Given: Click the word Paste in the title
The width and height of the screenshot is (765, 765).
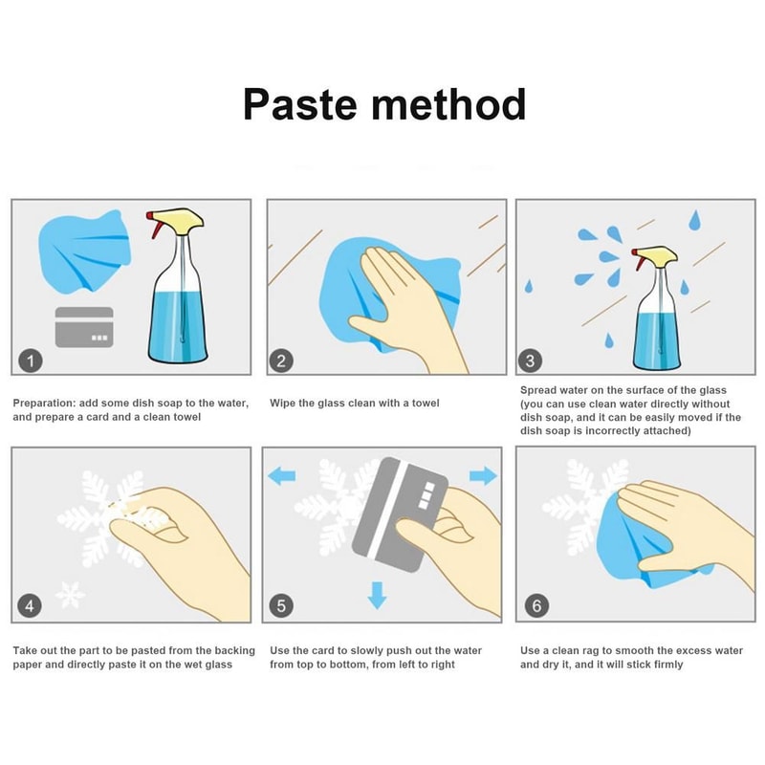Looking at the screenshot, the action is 300,104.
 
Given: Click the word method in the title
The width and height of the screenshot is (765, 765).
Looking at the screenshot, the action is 448,104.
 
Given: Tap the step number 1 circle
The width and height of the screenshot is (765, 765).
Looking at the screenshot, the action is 31,361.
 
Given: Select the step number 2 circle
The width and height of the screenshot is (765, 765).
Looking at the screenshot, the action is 281,361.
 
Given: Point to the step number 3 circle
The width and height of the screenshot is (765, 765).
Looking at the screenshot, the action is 531,361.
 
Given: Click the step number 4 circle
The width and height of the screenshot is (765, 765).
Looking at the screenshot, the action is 30,605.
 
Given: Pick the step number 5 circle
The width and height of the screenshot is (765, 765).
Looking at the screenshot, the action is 281,605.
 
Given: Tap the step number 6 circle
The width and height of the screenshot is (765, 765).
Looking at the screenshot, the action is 536,605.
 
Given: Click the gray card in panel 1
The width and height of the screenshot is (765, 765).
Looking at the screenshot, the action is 84,327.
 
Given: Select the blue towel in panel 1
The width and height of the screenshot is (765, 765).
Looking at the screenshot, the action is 84,251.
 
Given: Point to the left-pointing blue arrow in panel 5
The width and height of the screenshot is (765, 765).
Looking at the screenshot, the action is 282,475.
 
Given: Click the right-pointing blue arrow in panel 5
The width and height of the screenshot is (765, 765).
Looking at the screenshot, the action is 483,475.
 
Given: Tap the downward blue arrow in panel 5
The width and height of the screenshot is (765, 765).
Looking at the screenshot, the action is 377,595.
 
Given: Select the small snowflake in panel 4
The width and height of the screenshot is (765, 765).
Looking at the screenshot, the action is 70,595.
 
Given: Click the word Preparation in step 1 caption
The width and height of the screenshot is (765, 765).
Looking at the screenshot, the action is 44,404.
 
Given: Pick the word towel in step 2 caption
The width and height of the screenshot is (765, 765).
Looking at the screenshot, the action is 426,403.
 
